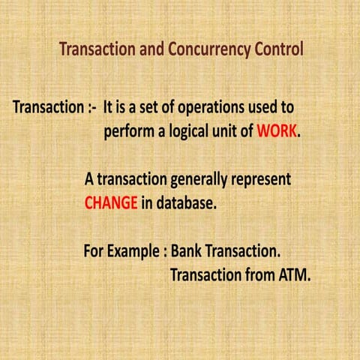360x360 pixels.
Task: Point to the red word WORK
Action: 277,132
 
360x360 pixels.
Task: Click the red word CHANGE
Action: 110,202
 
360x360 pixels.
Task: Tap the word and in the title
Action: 150,51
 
